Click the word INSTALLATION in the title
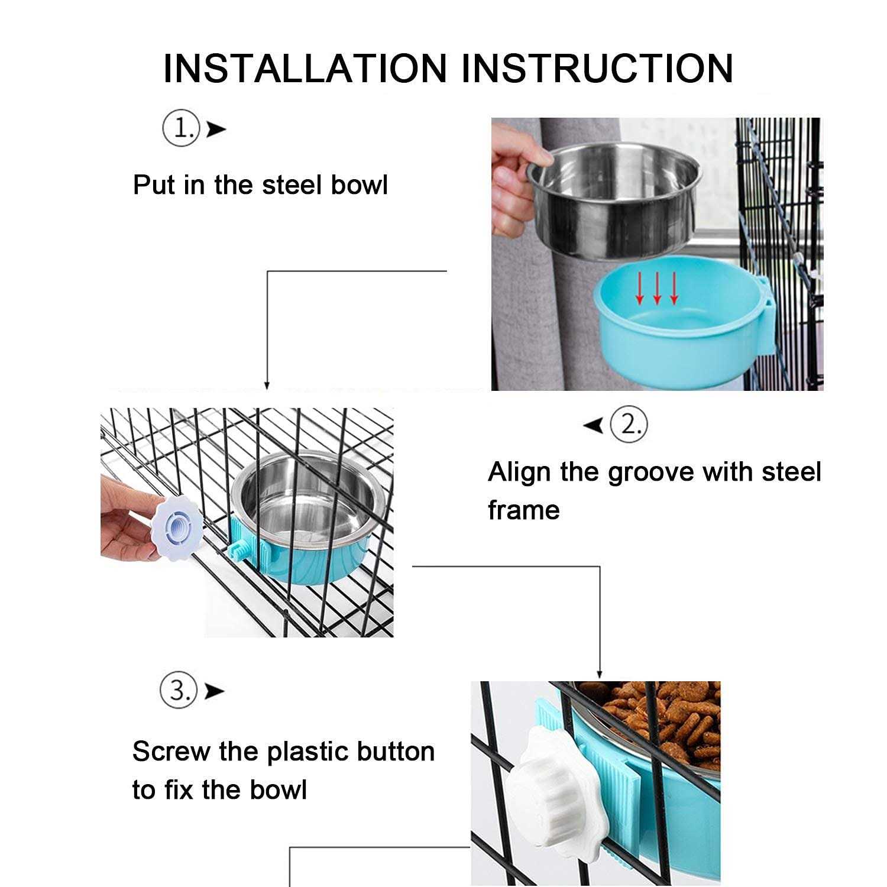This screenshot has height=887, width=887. (x=305, y=68)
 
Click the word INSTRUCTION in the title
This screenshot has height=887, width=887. (x=597, y=68)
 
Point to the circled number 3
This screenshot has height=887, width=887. (x=178, y=690)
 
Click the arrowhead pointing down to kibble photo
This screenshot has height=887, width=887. (x=599, y=674)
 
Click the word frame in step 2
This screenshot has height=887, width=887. (x=523, y=510)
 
